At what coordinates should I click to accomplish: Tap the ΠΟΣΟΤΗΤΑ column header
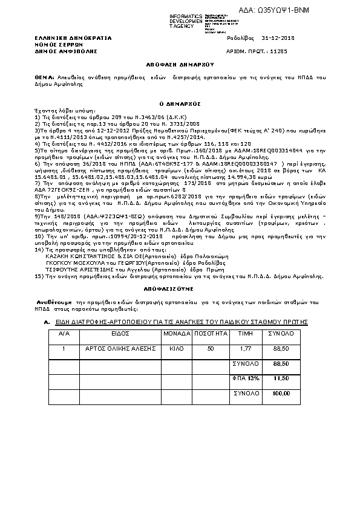(x=211, y=333)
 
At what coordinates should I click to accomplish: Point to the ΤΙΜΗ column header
(x=244, y=333)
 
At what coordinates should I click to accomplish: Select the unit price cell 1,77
(x=244, y=349)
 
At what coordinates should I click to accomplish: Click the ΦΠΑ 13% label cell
(x=246, y=378)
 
